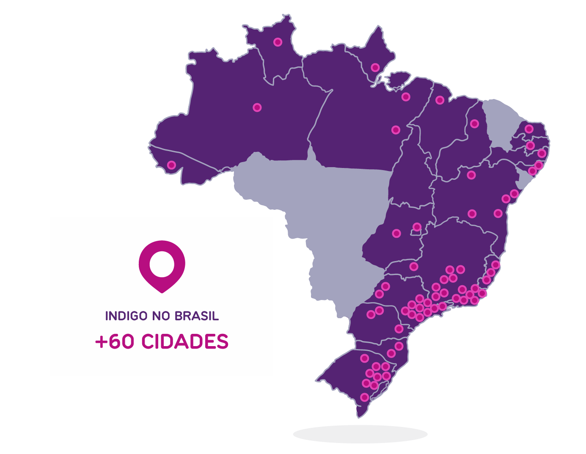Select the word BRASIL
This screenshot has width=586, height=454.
(197, 316)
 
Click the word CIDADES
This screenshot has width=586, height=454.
(185, 342)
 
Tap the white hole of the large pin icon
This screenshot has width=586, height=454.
(162, 263)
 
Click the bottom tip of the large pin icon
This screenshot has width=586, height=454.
(162, 292)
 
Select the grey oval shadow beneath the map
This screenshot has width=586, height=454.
(360, 434)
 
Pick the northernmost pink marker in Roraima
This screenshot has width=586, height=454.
(278, 42)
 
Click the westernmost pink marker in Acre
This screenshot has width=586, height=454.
(171, 165)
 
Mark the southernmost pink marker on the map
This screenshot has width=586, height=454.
(364, 397)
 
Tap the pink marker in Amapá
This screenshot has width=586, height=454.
(375, 67)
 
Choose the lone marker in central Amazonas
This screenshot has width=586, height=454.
(257, 107)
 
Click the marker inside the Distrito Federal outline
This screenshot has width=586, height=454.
(417, 227)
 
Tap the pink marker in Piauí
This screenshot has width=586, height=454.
(474, 124)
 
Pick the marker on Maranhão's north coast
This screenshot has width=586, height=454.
(440, 100)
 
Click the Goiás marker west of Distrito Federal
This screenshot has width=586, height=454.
(396, 233)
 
